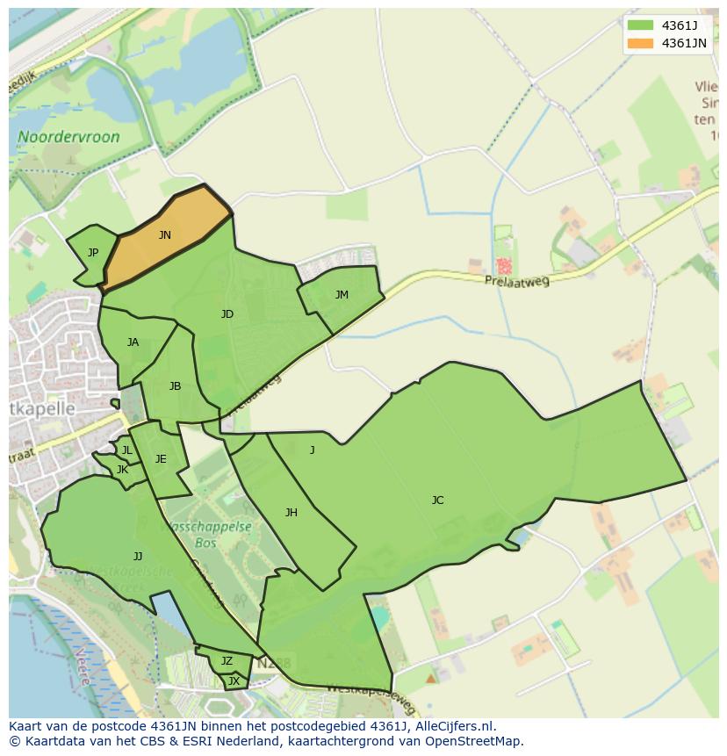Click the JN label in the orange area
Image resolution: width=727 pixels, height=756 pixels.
pyautogui.click(x=164, y=235)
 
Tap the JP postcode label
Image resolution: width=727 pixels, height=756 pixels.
pyautogui.click(x=93, y=253)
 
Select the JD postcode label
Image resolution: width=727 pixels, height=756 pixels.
pyautogui.click(x=227, y=314)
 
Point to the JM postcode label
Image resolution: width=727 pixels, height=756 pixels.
pyautogui.click(x=342, y=295)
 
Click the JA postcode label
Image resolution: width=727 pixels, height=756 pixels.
pyautogui.click(x=133, y=342)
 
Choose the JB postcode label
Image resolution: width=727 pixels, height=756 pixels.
pyautogui.click(x=175, y=386)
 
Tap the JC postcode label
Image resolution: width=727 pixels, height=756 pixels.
pyautogui.click(x=437, y=500)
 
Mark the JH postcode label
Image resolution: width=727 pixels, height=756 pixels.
pyautogui.click(x=291, y=513)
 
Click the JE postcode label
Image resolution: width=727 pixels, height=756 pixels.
pyautogui.click(x=161, y=459)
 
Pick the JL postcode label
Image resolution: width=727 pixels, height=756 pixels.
pyautogui.click(x=126, y=450)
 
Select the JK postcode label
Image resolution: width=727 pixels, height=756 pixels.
pyautogui.click(x=122, y=470)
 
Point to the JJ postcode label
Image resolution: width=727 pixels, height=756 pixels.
pyautogui.click(x=138, y=557)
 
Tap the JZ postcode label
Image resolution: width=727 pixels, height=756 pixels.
pyautogui.click(x=227, y=661)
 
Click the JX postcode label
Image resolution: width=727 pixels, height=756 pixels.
pyautogui.click(x=234, y=680)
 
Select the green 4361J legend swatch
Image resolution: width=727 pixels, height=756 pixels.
pyautogui.click(x=640, y=25)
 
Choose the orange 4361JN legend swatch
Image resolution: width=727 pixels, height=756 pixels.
pyautogui.click(x=640, y=43)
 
